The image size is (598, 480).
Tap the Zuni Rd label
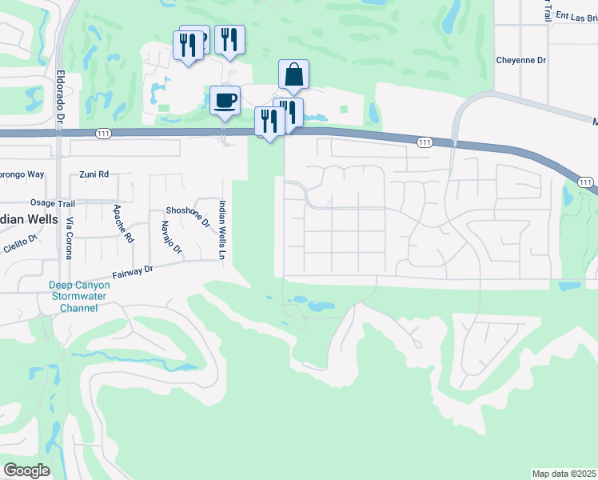point(94,174)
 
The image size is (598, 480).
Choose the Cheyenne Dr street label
point(520,60)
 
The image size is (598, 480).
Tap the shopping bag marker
point(293,74)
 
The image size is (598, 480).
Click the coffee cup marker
point(225,101)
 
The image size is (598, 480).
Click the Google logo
point(26,470)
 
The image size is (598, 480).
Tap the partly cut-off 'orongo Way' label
point(22,174)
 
